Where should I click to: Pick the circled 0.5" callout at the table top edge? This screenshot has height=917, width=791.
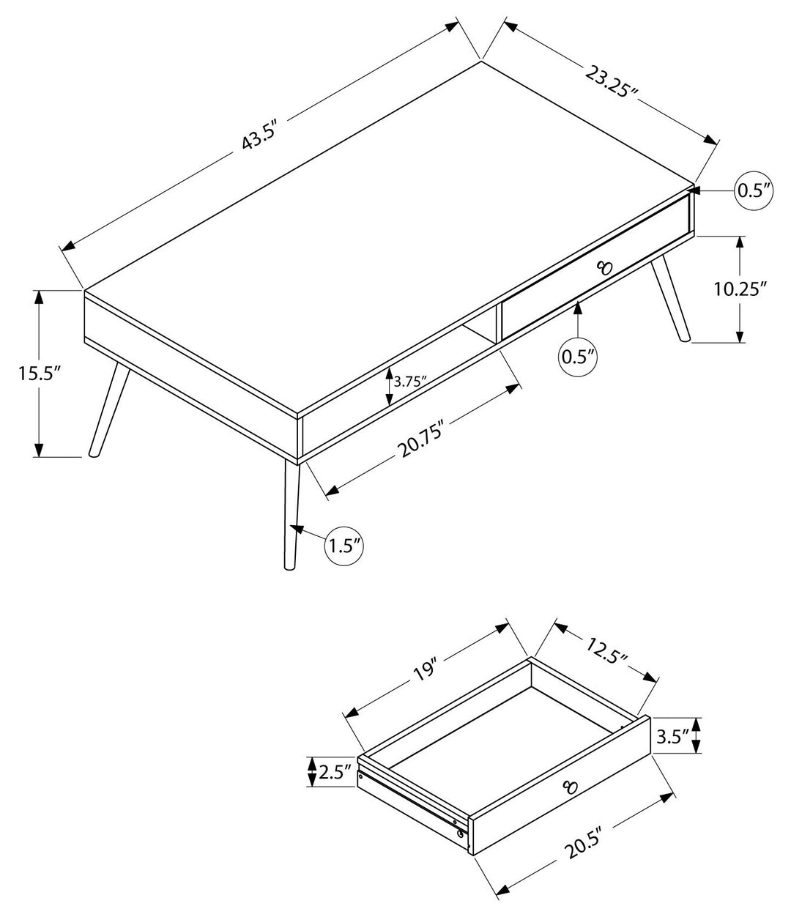click(754, 191)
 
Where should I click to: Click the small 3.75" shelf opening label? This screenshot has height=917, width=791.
click(410, 382)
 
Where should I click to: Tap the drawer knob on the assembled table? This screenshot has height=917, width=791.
click(604, 267)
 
